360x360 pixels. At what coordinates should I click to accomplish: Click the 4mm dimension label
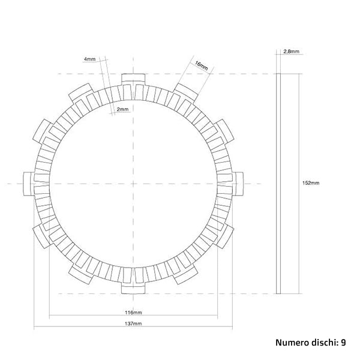pos(89,59)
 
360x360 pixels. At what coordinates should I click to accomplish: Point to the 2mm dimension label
pos(122,109)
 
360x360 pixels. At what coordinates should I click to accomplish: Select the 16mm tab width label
pos(201,65)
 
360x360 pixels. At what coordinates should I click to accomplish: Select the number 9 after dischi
pos(343,343)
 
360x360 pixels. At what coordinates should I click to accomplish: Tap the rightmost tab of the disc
pos(238,183)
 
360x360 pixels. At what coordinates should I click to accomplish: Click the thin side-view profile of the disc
pos(278,183)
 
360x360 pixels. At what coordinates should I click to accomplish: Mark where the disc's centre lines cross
pos(134,183)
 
